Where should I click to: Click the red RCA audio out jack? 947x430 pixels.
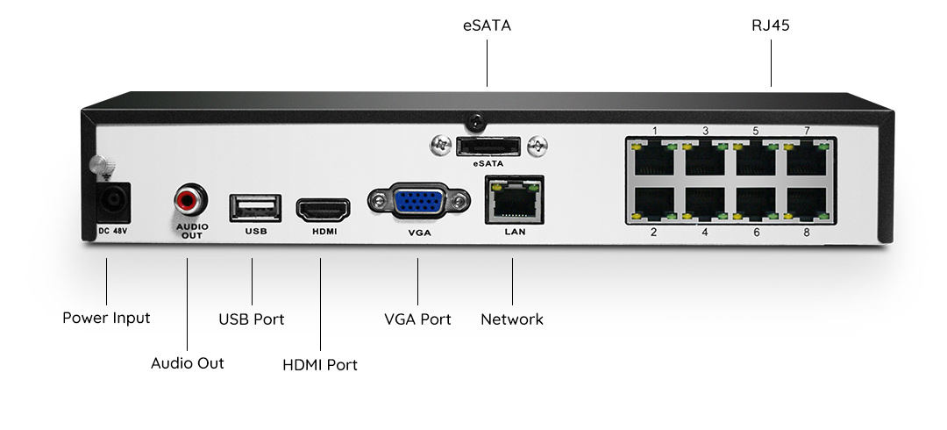pyautogui.click(x=191, y=199)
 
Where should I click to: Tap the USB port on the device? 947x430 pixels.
pyautogui.click(x=255, y=208)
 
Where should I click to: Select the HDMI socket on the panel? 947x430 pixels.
pyautogui.click(x=323, y=210)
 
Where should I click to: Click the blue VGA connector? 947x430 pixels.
pyautogui.click(x=419, y=200)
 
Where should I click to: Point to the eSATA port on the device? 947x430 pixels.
pyautogui.click(x=488, y=147)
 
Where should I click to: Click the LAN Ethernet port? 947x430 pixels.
pyautogui.click(x=515, y=199)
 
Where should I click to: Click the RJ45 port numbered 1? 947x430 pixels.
pyautogui.click(x=654, y=159)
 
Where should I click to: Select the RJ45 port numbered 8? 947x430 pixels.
pyautogui.click(x=807, y=204)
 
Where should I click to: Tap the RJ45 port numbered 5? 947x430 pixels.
pyautogui.click(x=756, y=159)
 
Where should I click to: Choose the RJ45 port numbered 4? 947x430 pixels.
pyautogui.click(x=705, y=204)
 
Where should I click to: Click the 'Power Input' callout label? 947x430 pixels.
pyautogui.click(x=106, y=319)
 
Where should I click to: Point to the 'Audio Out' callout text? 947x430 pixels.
pyautogui.click(x=188, y=363)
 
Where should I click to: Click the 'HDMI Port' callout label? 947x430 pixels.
pyautogui.click(x=320, y=365)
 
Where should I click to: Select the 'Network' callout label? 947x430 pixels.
pyautogui.click(x=512, y=319)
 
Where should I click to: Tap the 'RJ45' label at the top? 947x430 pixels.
pyautogui.click(x=771, y=25)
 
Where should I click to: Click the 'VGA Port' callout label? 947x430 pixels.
pyautogui.click(x=418, y=319)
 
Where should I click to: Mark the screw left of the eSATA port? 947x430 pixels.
pyautogui.click(x=440, y=145)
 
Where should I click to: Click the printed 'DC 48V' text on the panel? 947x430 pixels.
pyautogui.click(x=113, y=231)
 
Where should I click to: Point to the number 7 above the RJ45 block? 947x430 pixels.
pyautogui.click(x=807, y=131)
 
